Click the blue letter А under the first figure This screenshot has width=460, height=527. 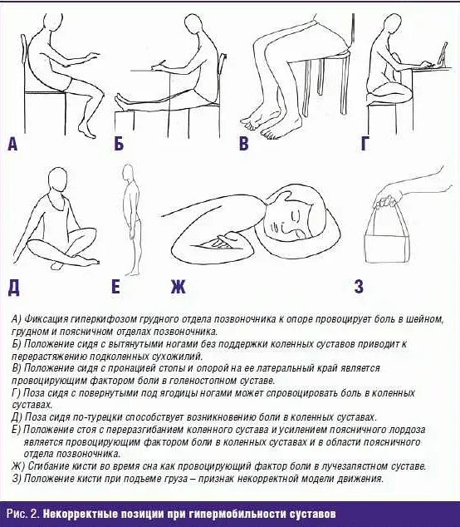pos(12,145)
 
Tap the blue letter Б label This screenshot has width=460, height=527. pos(119,145)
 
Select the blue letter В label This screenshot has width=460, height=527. pos(243,145)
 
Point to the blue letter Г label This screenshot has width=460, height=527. pos(365,145)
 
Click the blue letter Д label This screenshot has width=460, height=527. pos(12,288)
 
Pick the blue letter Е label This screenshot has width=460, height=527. pos(116,288)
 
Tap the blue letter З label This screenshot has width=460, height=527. pos(358,288)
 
